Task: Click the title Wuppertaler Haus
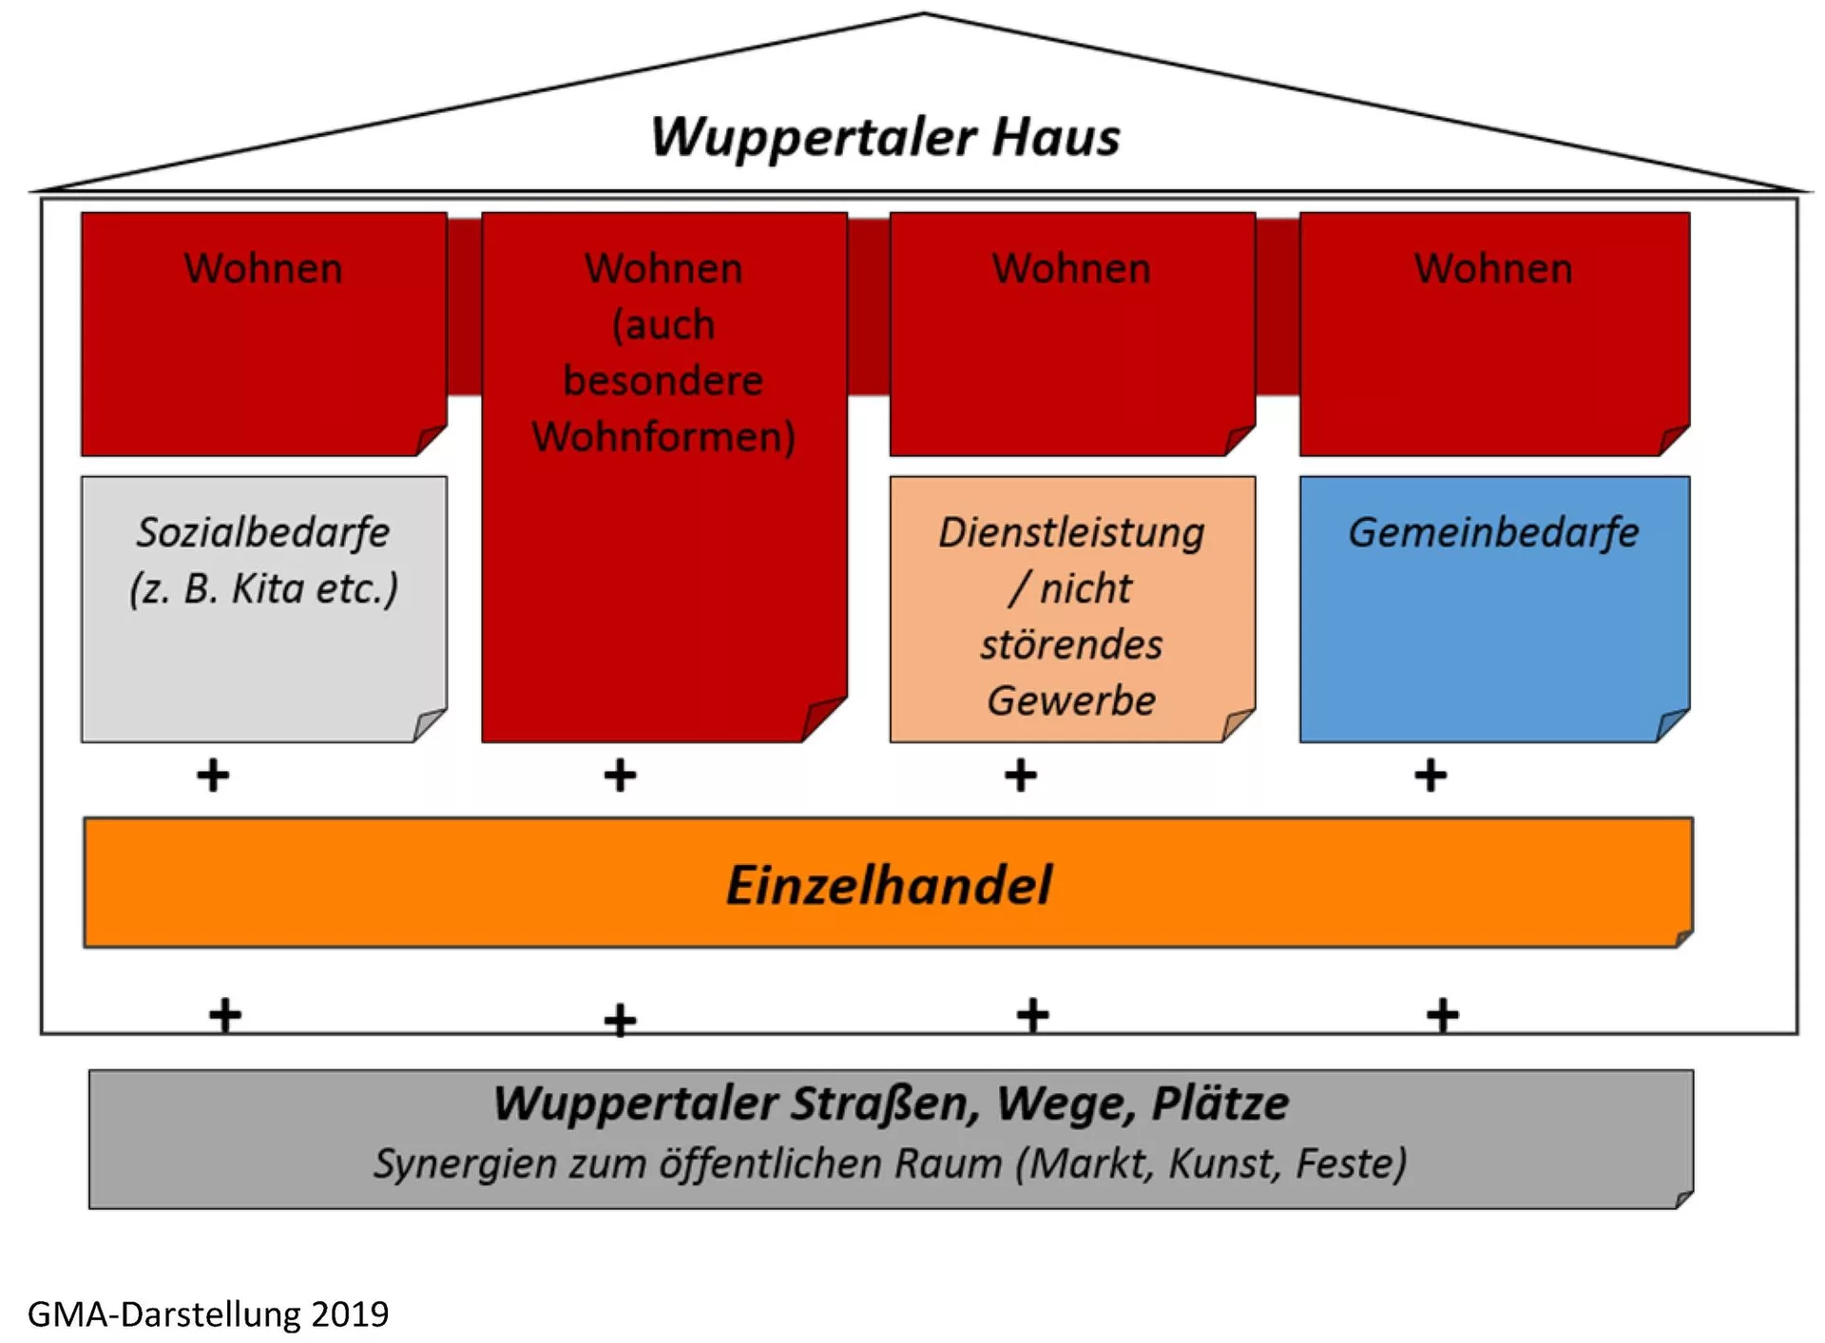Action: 885,137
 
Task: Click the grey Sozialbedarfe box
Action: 263,656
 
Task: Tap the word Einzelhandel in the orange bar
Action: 889,885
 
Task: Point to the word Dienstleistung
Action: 1071,532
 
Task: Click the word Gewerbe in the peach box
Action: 1071,701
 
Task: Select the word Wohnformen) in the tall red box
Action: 663,437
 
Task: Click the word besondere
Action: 663,381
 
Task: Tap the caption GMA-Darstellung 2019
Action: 208,1314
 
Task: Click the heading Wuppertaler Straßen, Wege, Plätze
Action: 891,1103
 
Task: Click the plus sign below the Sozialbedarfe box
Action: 213,776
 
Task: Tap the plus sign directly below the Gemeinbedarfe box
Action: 1431,776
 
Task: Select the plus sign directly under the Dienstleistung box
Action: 1021,776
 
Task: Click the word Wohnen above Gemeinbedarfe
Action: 1493,269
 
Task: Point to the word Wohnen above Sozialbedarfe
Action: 263,269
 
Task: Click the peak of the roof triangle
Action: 923,14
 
